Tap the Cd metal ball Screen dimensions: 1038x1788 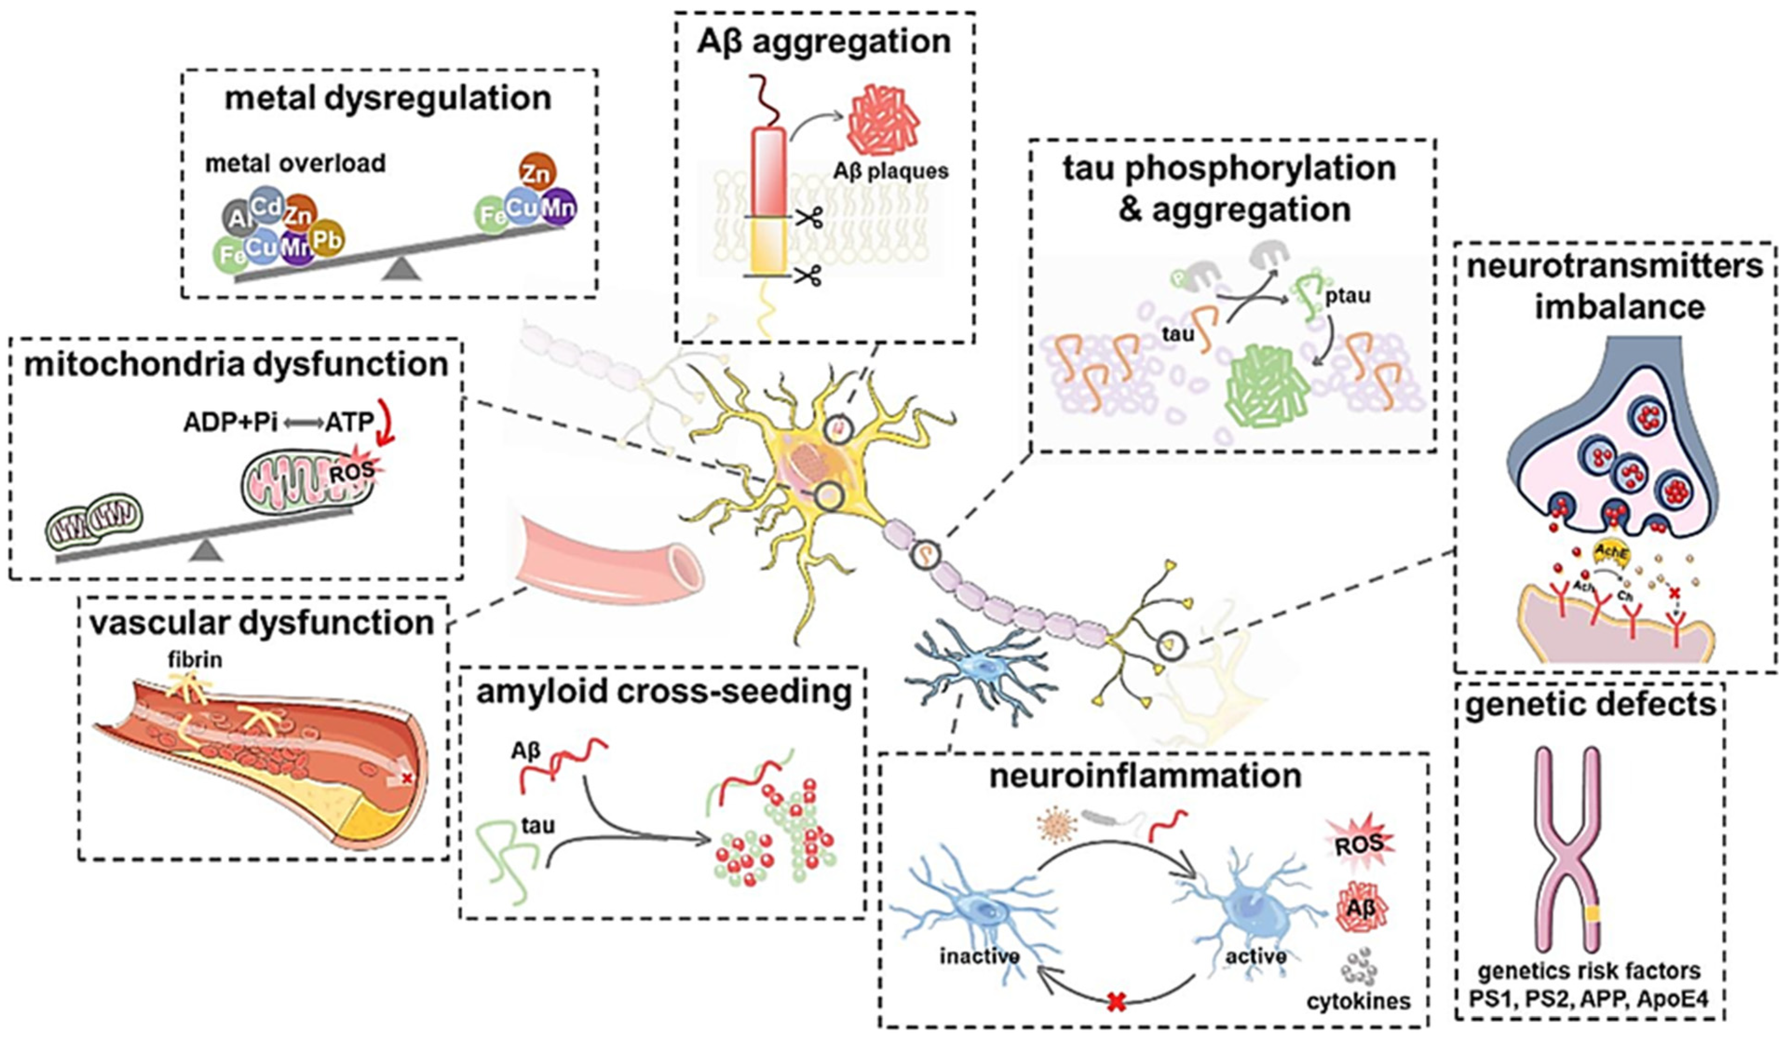tap(267, 207)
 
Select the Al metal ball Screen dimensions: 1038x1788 tap(237, 220)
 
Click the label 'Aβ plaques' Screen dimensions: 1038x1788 tap(890, 171)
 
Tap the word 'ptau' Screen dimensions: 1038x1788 tap(1348, 296)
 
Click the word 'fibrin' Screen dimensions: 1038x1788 tap(195, 660)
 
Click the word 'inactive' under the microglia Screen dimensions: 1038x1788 tap(979, 957)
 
